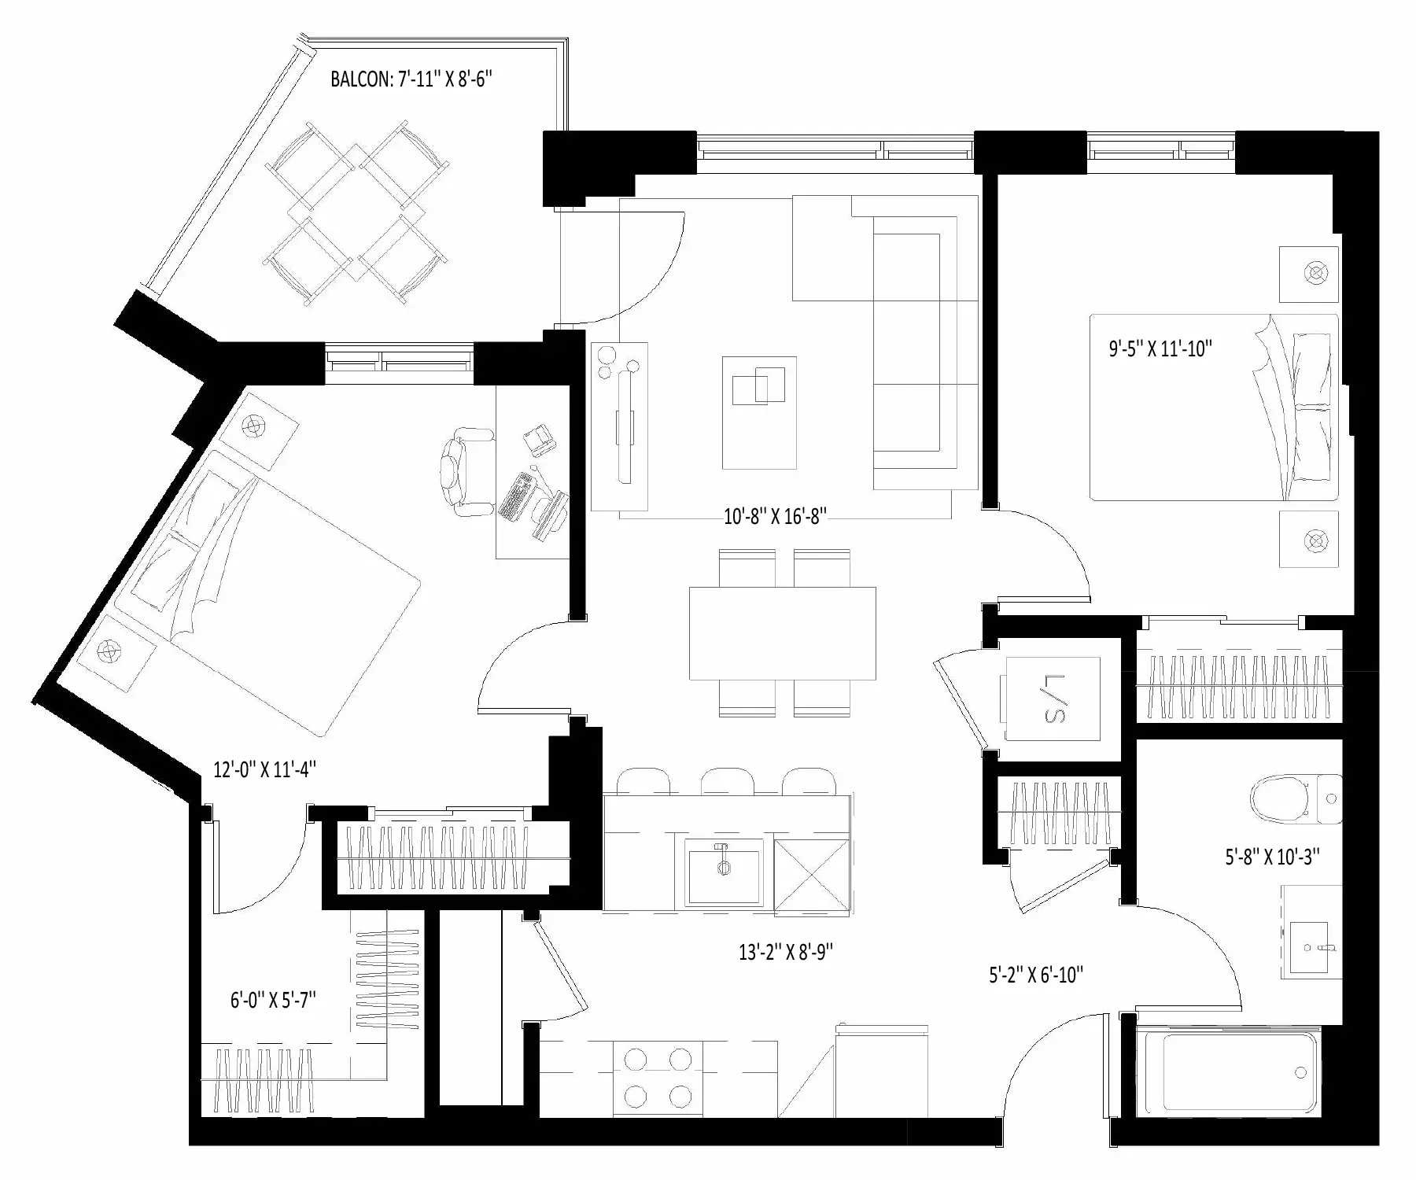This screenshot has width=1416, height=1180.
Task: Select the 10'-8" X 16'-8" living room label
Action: [x=775, y=517]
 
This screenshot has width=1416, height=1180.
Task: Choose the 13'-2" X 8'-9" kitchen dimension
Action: [x=786, y=953]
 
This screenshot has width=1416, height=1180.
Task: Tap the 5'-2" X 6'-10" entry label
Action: [x=1036, y=975]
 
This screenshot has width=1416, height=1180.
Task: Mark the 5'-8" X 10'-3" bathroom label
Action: [x=1272, y=857]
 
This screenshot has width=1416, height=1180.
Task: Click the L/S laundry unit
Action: [x=1051, y=699]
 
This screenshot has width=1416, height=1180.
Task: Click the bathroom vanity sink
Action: [x=1311, y=931]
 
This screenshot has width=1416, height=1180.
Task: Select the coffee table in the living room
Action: [x=759, y=412]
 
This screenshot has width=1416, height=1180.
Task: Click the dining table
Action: [x=783, y=632]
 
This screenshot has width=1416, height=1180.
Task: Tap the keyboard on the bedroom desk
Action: [x=518, y=496]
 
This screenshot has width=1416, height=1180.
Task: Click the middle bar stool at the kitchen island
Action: [x=728, y=781]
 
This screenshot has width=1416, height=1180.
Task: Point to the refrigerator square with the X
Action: [x=813, y=876]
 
